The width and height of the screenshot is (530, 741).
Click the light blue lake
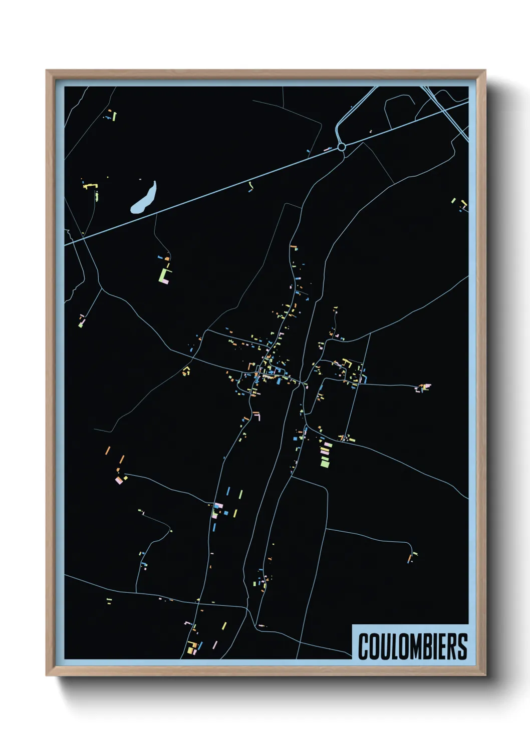point(144,198)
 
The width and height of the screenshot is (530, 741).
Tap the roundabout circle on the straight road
point(342,147)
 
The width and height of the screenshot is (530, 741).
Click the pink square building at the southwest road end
point(119,480)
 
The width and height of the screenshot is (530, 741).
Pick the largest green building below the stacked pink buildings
point(325,463)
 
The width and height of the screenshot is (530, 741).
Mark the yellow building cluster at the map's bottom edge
point(191,648)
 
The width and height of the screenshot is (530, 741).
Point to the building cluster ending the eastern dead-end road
point(423,387)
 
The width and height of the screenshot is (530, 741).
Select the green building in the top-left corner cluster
point(114,117)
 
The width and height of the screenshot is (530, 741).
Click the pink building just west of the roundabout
point(327,149)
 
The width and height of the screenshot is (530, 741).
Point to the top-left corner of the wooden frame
point(47,71)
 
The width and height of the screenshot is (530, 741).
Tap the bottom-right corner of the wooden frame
point(485,675)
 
